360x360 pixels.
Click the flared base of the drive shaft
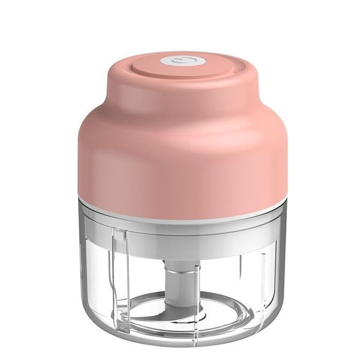point(180,300)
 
